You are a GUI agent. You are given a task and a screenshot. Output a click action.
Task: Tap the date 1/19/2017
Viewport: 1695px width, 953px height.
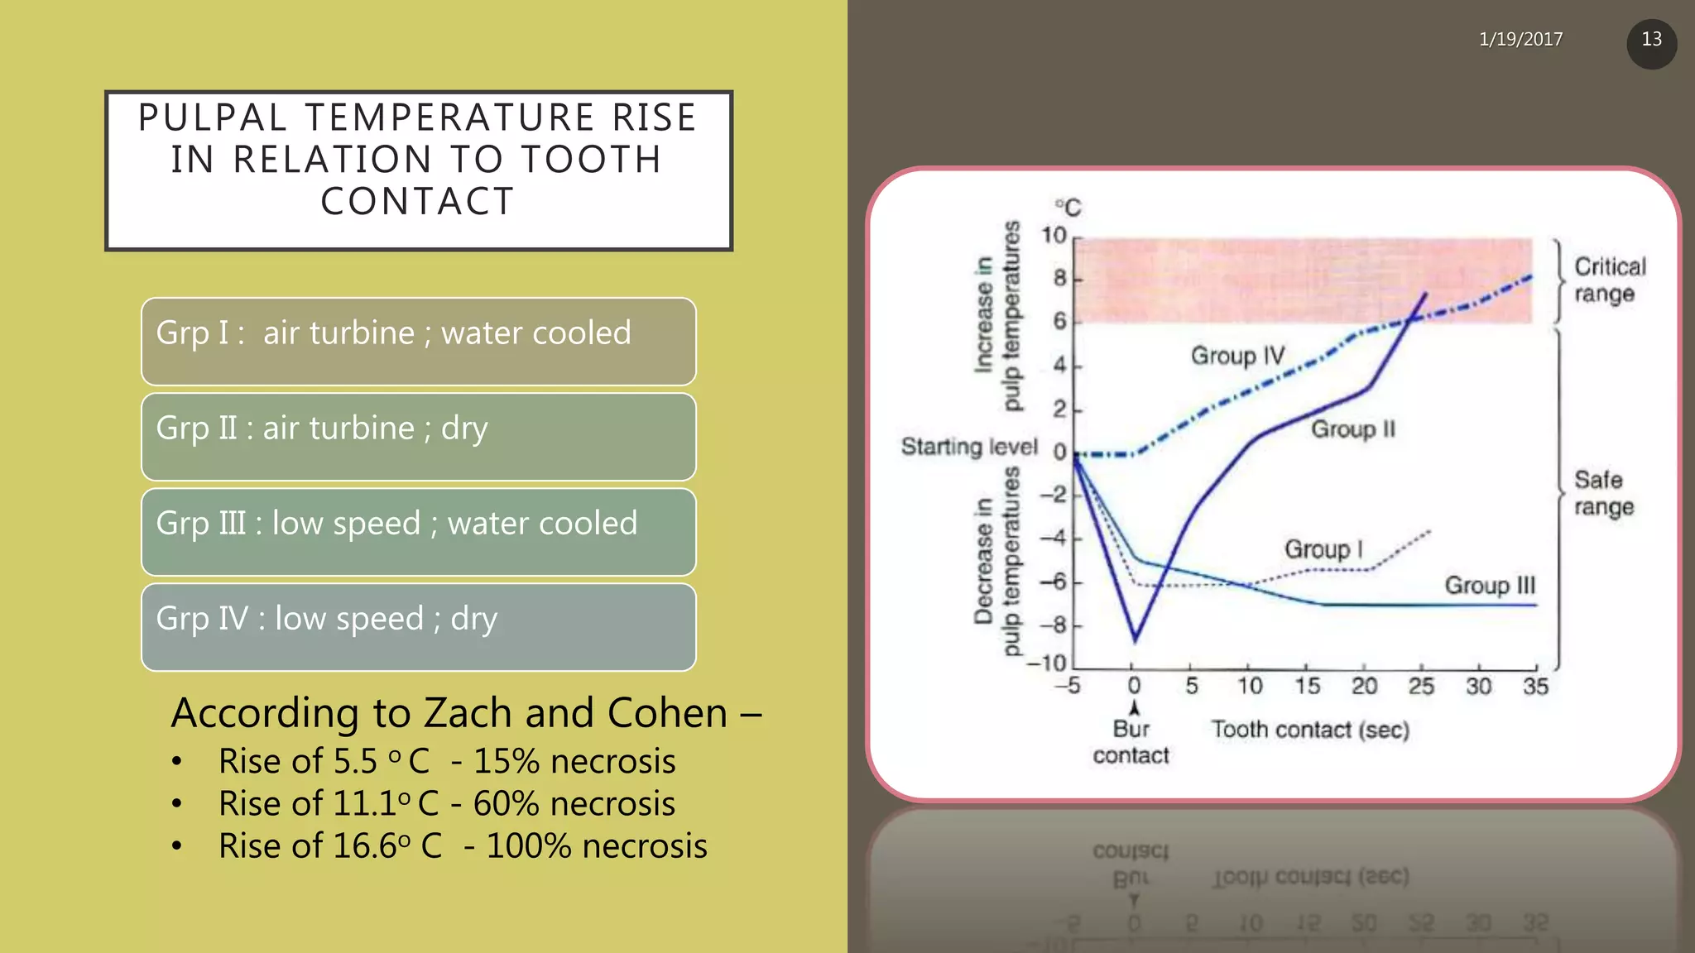point(1520,39)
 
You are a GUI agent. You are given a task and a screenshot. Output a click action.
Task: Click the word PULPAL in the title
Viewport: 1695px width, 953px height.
point(213,117)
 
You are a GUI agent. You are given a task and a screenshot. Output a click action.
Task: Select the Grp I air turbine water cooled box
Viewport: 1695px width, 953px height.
point(418,342)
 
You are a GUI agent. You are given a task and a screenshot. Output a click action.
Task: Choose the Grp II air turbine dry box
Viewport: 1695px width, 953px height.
point(418,437)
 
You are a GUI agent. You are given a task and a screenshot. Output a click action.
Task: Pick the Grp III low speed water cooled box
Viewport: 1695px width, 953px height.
point(418,532)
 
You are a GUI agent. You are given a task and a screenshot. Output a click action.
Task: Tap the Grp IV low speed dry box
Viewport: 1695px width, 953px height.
point(418,627)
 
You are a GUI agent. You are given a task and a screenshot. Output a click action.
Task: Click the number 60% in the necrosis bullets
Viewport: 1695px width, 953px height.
point(506,804)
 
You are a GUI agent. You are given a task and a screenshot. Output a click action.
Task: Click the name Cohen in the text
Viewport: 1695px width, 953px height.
point(667,713)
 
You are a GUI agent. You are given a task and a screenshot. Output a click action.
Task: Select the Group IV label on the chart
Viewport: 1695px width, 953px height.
point(1237,356)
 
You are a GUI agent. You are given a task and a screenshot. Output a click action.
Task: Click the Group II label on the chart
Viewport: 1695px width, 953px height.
point(1352,429)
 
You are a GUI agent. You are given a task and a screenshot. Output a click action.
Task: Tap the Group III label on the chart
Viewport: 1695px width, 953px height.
point(1489,586)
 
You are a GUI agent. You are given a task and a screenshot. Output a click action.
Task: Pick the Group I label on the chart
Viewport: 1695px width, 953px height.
point(1323,549)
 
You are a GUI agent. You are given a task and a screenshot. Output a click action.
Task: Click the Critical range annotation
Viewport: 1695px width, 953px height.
point(1609,280)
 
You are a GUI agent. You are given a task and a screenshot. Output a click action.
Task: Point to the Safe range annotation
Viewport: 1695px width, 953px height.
point(1603,493)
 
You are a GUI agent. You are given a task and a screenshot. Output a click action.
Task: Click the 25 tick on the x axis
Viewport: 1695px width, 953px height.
point(1421,687)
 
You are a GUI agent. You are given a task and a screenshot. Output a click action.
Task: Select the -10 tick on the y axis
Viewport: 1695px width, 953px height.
point(1047,663)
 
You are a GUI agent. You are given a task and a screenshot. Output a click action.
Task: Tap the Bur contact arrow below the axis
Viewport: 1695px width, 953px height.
point(1134,709)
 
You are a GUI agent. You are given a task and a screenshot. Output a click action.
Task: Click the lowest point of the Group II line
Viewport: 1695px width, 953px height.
point(1135,639)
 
